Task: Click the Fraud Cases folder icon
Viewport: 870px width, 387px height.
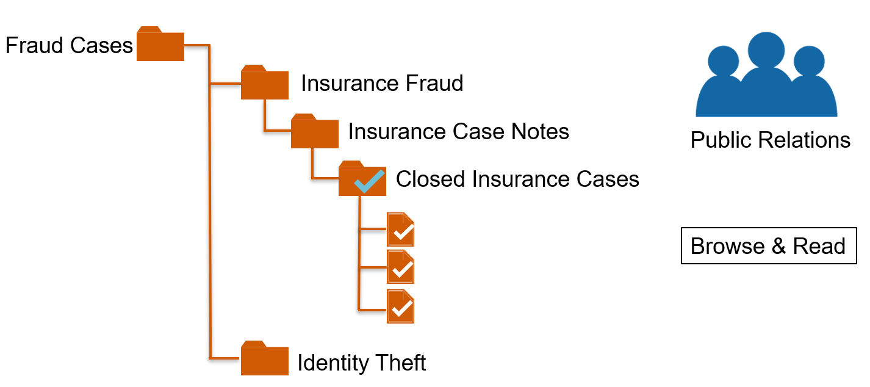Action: (160, 45)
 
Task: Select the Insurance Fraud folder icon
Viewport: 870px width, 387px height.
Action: (264, 84)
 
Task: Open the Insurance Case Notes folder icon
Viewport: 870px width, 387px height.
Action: (314, 132)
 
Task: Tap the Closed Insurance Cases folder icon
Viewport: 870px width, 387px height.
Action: (362, 180)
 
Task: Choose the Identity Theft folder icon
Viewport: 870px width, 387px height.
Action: (264, 360)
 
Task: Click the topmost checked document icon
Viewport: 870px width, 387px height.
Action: (401, 230)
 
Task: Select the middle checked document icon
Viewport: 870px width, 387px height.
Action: (401, 267)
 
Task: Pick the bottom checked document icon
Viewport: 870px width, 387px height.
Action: (401, 307)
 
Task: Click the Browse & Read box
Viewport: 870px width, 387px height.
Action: (768, 246)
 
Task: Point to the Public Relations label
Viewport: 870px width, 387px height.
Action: (770, 140)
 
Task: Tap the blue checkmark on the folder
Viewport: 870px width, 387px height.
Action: (368, 182)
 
